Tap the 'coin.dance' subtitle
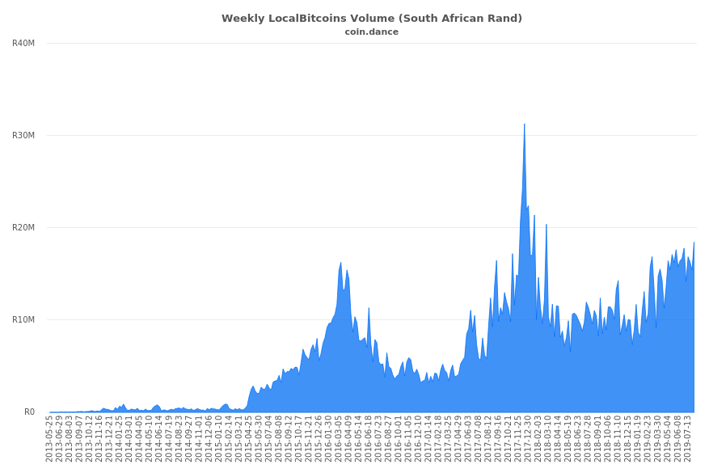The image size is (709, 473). pyautogui.click(x=371, y=32)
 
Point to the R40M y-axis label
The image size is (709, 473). pyautogui.click(x=23, y=44)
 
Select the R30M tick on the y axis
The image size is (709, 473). pyautogui.click(x=23, y=136)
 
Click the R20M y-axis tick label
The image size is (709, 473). pyautogui.click(x=23, y=228)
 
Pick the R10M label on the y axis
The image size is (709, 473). pyautogui.click(x=23, y=320)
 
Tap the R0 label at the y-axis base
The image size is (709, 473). pyautogui.click(x=29, y=412)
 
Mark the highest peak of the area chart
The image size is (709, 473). pyautogui.click(x=524, y=125)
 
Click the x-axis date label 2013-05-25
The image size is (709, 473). pyautogui.click(x=49, y=441)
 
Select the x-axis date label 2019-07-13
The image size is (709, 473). pyautogui.click(x=688, y=441)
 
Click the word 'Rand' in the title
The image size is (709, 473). pyautogui.click(x=504, y=19)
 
